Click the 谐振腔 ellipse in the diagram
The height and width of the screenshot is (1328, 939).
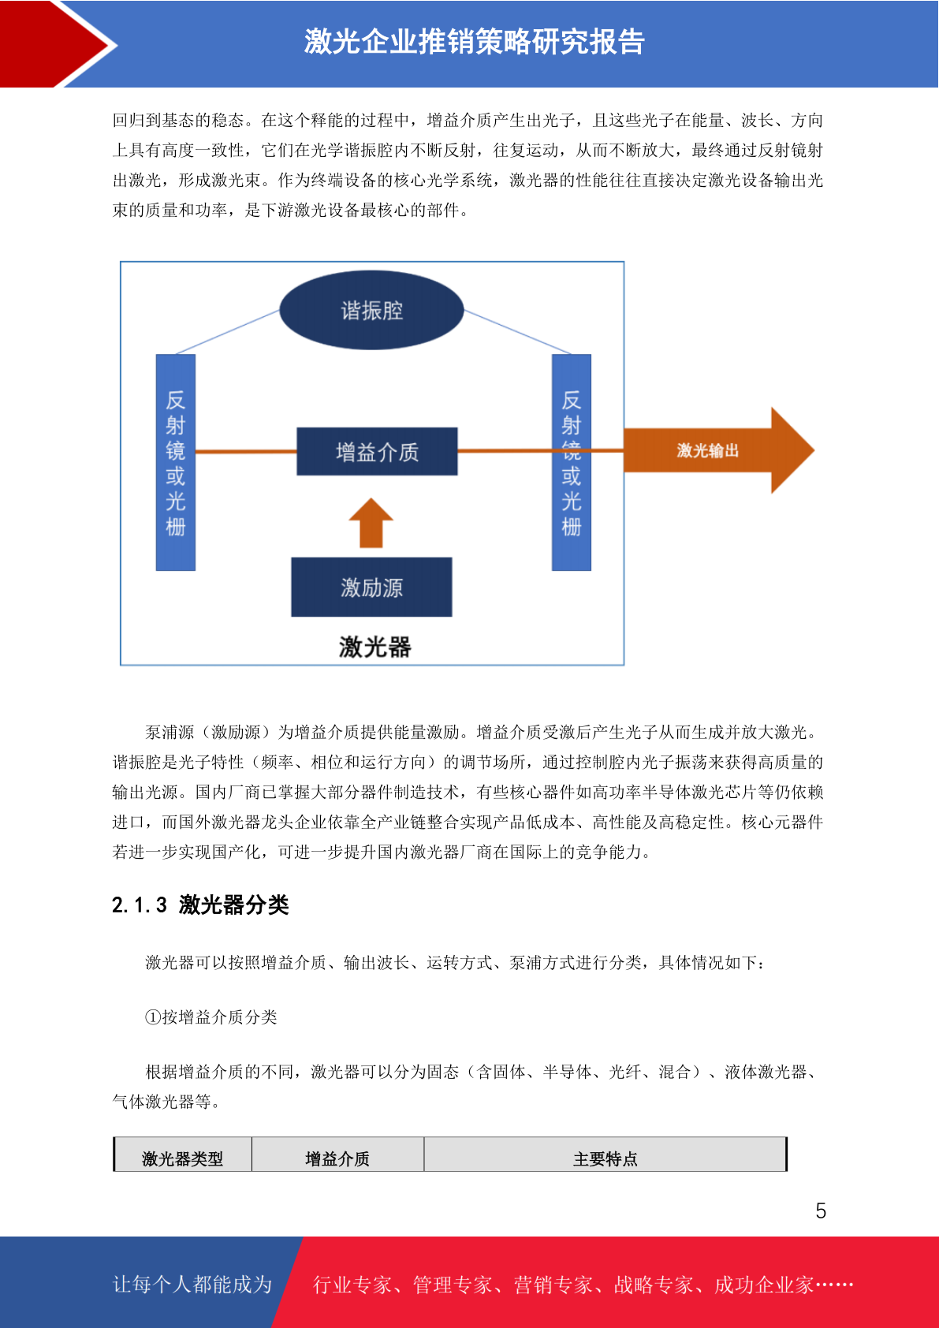[371, 310]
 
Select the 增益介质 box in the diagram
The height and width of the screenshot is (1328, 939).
[377, 451]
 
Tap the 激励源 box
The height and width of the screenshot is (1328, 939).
[371, 587]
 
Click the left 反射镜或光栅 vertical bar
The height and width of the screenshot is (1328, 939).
[176, 462]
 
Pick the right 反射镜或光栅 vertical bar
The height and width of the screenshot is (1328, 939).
[572, 462]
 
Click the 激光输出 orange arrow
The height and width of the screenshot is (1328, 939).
[718, 450]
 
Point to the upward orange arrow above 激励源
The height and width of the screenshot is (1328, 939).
[371, 523]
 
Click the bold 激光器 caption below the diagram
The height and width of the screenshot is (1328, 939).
[374, 647]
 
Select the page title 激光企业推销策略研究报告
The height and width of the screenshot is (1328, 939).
[475, 42]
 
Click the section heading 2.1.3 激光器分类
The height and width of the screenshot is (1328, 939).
[200, 905]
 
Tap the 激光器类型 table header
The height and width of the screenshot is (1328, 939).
[183, 1158]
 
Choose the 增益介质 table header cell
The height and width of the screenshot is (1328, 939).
[337, 1158]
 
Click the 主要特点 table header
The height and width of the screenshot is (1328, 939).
[606, 1158]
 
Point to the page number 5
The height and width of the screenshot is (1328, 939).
[821, 1210]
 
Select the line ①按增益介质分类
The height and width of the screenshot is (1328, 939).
[211, 1017]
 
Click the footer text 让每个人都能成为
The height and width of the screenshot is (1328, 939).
[192, 1284]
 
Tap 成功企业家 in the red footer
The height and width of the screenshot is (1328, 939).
[764, 1284]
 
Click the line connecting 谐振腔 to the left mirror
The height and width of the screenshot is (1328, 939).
[228, 332]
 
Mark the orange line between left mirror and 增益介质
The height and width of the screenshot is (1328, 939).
[246, 452]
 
